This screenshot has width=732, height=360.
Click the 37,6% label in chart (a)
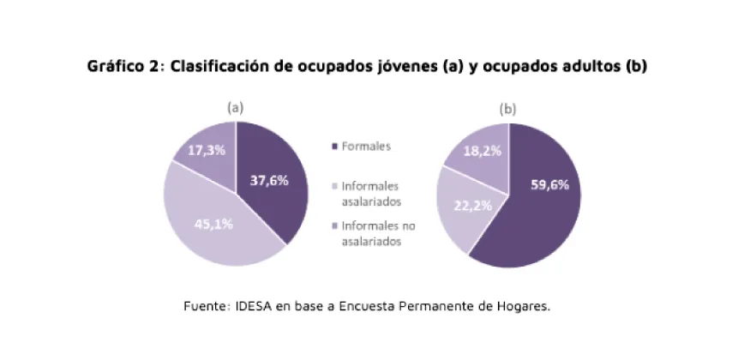(x=269, y=181)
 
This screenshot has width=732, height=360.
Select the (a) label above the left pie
(x=236, y=108)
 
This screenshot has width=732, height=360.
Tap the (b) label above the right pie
(x=508, y=109)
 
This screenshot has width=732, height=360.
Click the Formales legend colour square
(x=334, y=147)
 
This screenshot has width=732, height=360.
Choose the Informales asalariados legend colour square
(x=334, y=186)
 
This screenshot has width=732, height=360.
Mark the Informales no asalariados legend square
(x=334, y=227)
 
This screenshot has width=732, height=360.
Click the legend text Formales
(x=366, y=147)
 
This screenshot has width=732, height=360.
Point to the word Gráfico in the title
(x=114, y=67)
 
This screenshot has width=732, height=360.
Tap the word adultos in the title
(x=588, y=67)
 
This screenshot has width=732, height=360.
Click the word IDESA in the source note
(x=253, y=305)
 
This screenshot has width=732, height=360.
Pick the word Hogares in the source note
(x=519, y=305)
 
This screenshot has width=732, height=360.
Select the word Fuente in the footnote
(x=205, y=305)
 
